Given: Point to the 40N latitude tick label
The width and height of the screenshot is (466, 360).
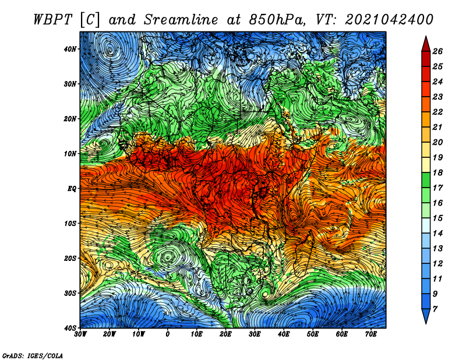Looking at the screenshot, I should [x=70, y=49].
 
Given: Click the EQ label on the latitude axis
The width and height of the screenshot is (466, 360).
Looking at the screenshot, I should [x=72, y=189].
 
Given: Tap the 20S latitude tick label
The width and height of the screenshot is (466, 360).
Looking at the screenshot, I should [x=70, y=258].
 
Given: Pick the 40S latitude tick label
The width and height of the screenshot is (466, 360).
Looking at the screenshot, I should [x=70, y=327].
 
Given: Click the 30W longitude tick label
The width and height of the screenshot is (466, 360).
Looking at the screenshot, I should [x=80, y=334].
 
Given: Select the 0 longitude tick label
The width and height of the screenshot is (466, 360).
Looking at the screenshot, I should [x=168, y=334].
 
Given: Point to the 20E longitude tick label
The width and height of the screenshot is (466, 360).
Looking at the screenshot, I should [x=225, y=334].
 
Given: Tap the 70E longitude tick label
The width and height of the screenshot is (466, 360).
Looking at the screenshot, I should [x=370, y=334].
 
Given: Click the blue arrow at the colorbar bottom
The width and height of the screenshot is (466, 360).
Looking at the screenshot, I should [x=425, y=317].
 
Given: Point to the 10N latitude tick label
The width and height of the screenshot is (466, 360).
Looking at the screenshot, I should [x=70, y=154].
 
